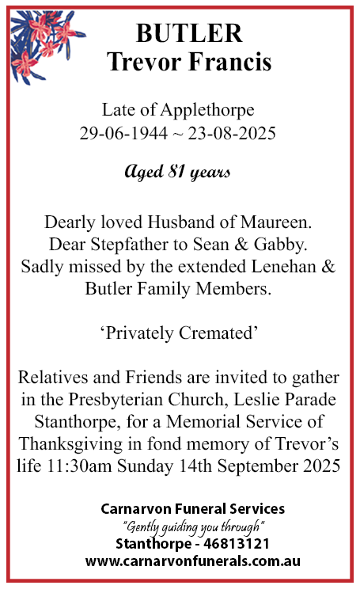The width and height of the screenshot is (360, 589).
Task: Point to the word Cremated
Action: [x=219, y=333]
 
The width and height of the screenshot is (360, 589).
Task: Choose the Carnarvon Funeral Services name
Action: [x=193, y=508]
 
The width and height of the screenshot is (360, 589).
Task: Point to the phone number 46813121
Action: [x=237, y=544]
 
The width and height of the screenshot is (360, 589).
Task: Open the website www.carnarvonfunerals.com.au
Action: [x=193, y=561]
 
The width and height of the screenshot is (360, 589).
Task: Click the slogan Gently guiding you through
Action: [x=193, y=526]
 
